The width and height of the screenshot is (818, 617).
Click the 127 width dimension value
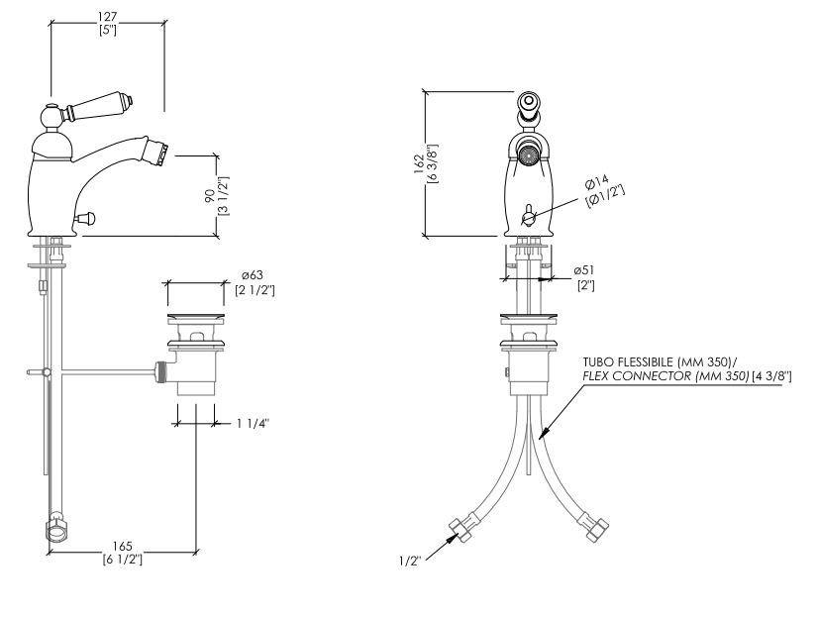tap(107, 17)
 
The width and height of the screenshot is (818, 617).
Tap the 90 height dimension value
tap(210, 196)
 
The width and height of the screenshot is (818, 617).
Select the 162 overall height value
tap(419, 164)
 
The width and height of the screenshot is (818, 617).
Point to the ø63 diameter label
tap(252, 275)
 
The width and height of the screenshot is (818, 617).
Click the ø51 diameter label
tap(583, 270)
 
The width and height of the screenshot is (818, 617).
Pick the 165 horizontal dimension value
tap(123, 546)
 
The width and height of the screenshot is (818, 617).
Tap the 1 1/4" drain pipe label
tap(253, 423)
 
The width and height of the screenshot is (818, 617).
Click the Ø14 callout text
tap(596, 182)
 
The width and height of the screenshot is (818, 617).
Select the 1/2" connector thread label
tap(410, 562)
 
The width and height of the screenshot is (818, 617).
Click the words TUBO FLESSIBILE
tap(629, 361)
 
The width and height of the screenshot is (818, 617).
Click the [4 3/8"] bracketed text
tap(771, 376)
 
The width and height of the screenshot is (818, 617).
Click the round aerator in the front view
tap(528, 154)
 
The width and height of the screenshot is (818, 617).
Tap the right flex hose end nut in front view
tap(596, 528)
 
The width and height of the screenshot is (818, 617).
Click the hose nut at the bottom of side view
tap(56, 529)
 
